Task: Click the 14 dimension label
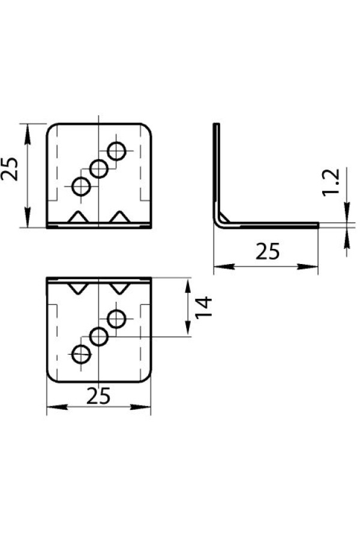203,307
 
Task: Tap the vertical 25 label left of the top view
10,169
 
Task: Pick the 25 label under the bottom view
98,396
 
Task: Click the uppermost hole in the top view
116,151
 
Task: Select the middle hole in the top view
99,169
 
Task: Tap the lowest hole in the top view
82,187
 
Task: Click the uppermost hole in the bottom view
116,319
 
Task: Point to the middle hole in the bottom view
99,337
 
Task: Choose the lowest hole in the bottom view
82,354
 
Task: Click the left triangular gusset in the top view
79,217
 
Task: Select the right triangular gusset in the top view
120,217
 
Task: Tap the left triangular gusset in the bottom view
79,288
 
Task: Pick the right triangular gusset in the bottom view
120,288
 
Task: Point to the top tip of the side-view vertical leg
217,124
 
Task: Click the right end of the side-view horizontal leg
318,225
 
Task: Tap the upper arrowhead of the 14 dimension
188,286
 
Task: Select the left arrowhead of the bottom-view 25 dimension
56,407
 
